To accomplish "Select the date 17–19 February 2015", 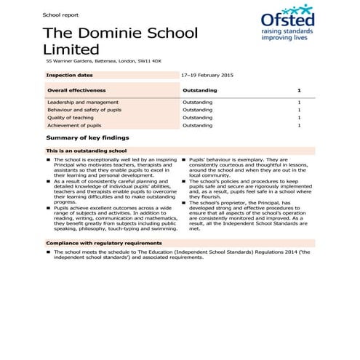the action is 207,75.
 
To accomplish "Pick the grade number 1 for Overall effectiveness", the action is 299,90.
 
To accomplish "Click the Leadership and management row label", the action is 79,103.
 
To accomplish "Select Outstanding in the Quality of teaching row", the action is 197,118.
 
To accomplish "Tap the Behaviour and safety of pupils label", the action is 82,110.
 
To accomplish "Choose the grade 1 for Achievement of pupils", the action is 299,125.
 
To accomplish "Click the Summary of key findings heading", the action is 87,137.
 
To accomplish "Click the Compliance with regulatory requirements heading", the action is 103,242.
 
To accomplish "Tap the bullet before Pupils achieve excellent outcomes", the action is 48,207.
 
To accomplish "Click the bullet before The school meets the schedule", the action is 48,252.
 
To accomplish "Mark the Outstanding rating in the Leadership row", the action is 197,103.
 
